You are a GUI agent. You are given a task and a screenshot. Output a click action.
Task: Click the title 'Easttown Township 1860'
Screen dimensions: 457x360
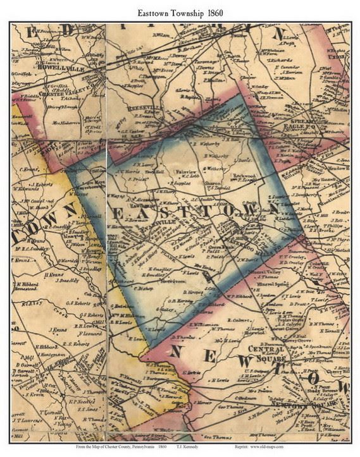pyautogui.click(x=180, y=12)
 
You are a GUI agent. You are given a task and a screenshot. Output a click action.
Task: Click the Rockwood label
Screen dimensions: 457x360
pyautogui.click(x=244, y=176)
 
